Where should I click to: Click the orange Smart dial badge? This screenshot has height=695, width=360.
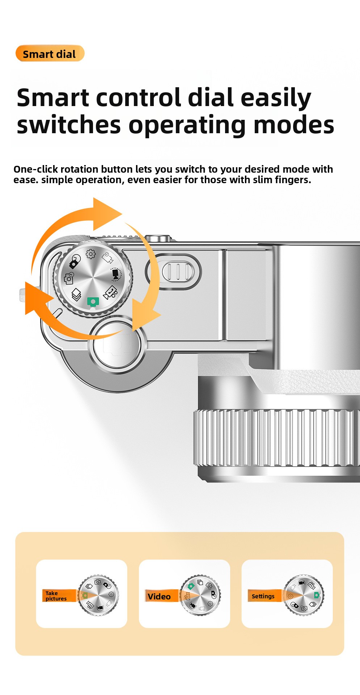tap(50, 54)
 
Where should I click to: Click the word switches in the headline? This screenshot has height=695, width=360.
tap(69, 125)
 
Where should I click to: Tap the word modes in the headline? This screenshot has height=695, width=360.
tap(294, 125)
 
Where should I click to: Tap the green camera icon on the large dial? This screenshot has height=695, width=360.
tap(93, 302)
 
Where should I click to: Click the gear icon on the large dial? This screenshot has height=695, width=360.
tap(91, 254)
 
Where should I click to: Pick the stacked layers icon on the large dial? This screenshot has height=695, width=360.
tap(76, 294)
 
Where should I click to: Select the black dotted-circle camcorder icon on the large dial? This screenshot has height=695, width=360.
tap(115, 274)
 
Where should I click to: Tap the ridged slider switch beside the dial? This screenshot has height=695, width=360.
tap(178, 272)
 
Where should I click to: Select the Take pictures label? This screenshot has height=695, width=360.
tap(56, 596)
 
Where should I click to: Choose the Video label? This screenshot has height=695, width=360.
tap(159, 597)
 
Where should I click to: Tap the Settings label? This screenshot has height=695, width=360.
tap(263, 596)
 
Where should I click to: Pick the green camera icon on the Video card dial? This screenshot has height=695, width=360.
tap(191, 586)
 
